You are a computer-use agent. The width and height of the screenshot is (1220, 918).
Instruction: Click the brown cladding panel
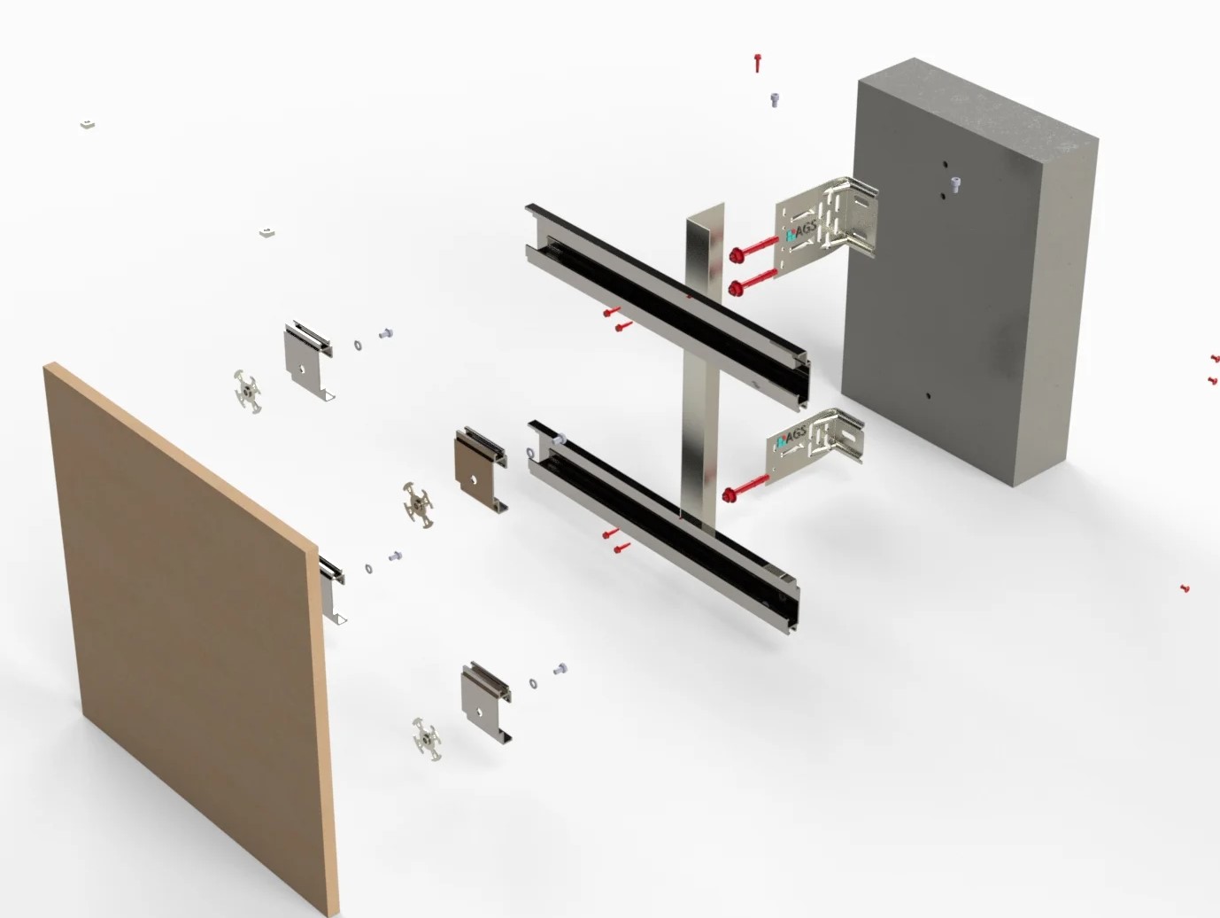189,640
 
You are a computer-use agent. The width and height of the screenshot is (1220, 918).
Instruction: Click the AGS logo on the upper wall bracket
801,232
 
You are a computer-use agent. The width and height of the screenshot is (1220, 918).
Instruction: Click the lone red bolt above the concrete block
757,63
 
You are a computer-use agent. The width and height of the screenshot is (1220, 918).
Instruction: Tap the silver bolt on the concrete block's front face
955,183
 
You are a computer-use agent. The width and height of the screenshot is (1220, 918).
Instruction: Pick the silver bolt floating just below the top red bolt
775,99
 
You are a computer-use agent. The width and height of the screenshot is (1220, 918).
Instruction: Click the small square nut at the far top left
88,124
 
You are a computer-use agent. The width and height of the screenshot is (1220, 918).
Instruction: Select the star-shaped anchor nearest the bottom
427,740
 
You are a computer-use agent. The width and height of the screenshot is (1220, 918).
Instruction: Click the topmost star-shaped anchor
248,392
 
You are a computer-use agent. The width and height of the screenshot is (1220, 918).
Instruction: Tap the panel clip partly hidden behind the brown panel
332,589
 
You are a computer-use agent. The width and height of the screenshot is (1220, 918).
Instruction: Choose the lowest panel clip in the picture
485,703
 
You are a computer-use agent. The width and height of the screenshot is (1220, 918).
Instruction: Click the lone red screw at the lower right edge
1185,587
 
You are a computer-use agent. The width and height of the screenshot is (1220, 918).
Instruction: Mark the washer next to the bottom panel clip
533,683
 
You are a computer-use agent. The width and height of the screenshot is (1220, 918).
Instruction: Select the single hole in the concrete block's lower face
928,396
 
